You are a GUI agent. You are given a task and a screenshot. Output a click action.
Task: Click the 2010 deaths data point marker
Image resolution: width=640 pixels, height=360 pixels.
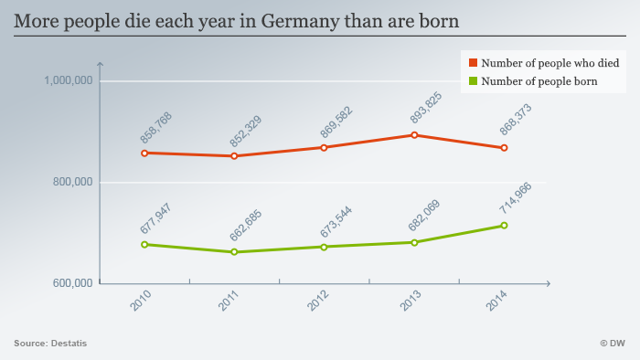coord(144,153)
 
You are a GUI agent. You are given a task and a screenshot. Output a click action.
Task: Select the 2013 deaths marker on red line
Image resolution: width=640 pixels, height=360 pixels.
coord(414,135)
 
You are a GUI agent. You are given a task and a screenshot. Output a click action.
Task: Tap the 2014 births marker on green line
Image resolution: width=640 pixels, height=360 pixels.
coord(504,226)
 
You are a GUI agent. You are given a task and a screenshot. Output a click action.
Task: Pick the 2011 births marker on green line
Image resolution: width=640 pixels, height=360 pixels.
coord(234,252)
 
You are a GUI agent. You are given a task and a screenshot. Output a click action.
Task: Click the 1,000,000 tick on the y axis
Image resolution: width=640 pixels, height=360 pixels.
coord(68,81)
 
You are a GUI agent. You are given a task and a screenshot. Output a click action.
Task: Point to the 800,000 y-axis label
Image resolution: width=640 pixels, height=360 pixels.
coord(71,183)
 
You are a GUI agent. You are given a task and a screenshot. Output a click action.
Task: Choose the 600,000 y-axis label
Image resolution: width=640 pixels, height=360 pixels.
coord(71,283)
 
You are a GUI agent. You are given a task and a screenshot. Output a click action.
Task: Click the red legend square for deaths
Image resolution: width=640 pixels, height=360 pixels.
coord(473,63)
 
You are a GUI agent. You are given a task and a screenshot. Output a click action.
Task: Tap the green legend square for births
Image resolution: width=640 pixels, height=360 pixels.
coord(473,81)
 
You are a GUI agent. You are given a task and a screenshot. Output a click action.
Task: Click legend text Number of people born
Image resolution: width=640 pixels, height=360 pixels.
coord(539,81)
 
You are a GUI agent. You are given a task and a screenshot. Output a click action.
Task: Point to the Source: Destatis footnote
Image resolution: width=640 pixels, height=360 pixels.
coord(44,344)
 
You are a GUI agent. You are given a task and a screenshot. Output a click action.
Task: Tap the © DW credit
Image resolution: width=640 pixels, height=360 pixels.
coord(612,344)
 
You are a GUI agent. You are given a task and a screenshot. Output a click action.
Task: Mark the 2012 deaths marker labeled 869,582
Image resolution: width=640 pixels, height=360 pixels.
coord(324,147)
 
